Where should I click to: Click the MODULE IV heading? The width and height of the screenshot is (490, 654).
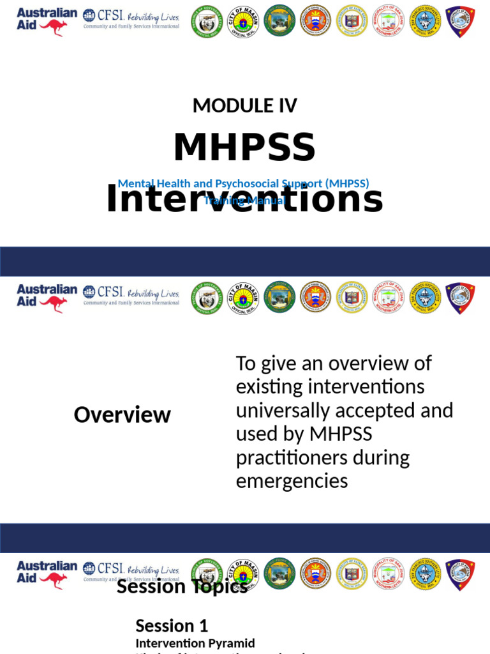coord(245,105)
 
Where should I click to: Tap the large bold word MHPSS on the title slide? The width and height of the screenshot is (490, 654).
coord(245,148)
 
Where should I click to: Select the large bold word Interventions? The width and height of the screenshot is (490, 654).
coord(245,199)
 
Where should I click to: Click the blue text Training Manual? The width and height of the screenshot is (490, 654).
coord(244,201)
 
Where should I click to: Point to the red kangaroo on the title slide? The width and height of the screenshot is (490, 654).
coord(53,27)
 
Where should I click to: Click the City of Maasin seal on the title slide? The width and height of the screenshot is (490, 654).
coord(243,20)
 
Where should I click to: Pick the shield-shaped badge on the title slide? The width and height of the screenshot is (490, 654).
coord(460,21)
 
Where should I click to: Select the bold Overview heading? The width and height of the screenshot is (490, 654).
coord(122,414)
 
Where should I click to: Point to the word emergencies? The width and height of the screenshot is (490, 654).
coord(292,481)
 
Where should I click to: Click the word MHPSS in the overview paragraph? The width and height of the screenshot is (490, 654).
coord(341,434)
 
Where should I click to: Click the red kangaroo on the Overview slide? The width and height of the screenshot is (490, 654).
coord(53,304)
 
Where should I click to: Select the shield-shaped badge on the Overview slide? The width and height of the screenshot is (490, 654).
coord(460,298)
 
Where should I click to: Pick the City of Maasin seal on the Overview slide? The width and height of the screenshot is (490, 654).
coord(243,298)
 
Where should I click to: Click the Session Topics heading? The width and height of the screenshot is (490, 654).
coord(182,586)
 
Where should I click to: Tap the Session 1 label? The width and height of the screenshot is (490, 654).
coord(172,625)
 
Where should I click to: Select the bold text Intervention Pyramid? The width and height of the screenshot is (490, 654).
coord(195,643)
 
